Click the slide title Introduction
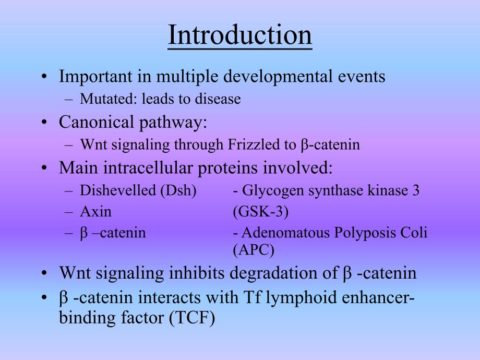(x=239, y=35)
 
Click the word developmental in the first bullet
(x=273, y=77)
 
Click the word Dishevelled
(x=117, y=190)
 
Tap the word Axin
(x=95, y=212)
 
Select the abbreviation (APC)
(x=253, y=250)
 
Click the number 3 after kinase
(x=416, y=190)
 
